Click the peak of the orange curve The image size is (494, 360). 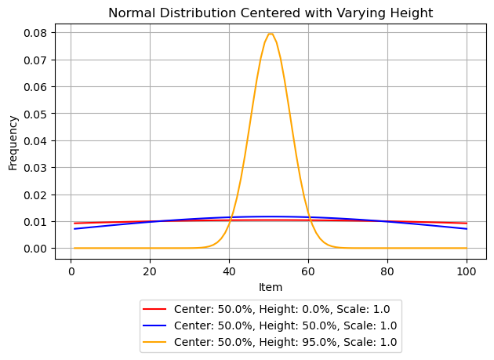[x=271, y=34]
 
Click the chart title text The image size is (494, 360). [x=271, y=13]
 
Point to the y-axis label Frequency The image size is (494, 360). [x=13, y=143]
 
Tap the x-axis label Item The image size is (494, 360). [x=271, y=288]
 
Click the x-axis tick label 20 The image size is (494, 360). [x=151, y=271]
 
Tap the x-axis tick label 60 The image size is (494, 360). [x=309, y=271]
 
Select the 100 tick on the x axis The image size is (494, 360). [x=467, y=271]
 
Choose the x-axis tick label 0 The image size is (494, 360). [x=71, y=271]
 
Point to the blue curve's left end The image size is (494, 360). [x=74, y=229]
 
